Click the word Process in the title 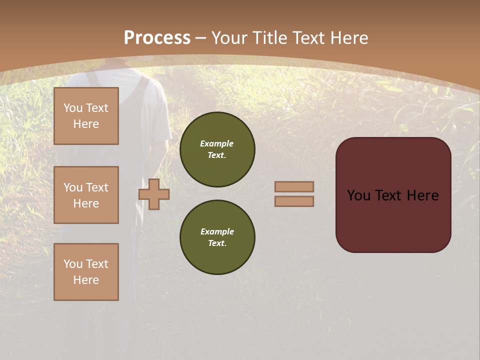157,38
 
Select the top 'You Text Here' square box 86,116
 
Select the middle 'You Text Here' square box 86,195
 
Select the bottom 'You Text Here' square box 86,271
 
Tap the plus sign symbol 154,194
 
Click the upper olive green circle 217,149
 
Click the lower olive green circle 217,237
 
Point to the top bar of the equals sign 294,186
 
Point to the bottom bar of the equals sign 294,201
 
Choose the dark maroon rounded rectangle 393,194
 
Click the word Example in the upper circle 217,143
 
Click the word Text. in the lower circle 217,243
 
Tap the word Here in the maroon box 422,195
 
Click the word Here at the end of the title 349,38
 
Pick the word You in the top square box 73,108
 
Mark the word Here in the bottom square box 86,280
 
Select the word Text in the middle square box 97,187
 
